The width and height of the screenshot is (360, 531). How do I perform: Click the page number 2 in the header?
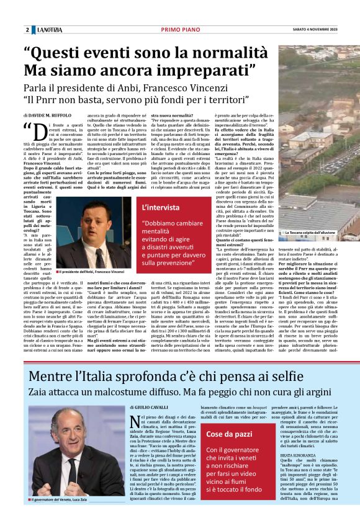[27, 30]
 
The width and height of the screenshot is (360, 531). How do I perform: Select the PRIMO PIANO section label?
[179, 30]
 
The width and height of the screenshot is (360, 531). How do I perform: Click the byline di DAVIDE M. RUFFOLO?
[47, 115]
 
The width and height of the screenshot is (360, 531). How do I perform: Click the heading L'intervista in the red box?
[162, 207]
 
